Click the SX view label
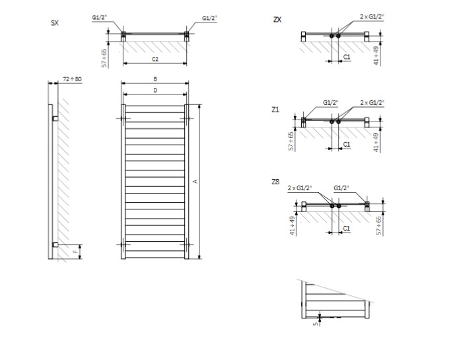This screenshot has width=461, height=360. point(55,23)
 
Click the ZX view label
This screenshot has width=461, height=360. point(277,20)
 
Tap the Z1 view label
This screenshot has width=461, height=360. point(275,110)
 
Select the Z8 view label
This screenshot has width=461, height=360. point(275,182)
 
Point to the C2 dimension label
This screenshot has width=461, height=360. point(155,59)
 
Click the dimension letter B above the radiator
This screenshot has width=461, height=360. point(155,79)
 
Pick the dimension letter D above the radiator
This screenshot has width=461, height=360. point(155,90)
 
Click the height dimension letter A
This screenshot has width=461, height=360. point(195,182)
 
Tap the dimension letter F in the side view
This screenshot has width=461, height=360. point(76,252)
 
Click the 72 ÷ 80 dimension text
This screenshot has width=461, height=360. point(73,79)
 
